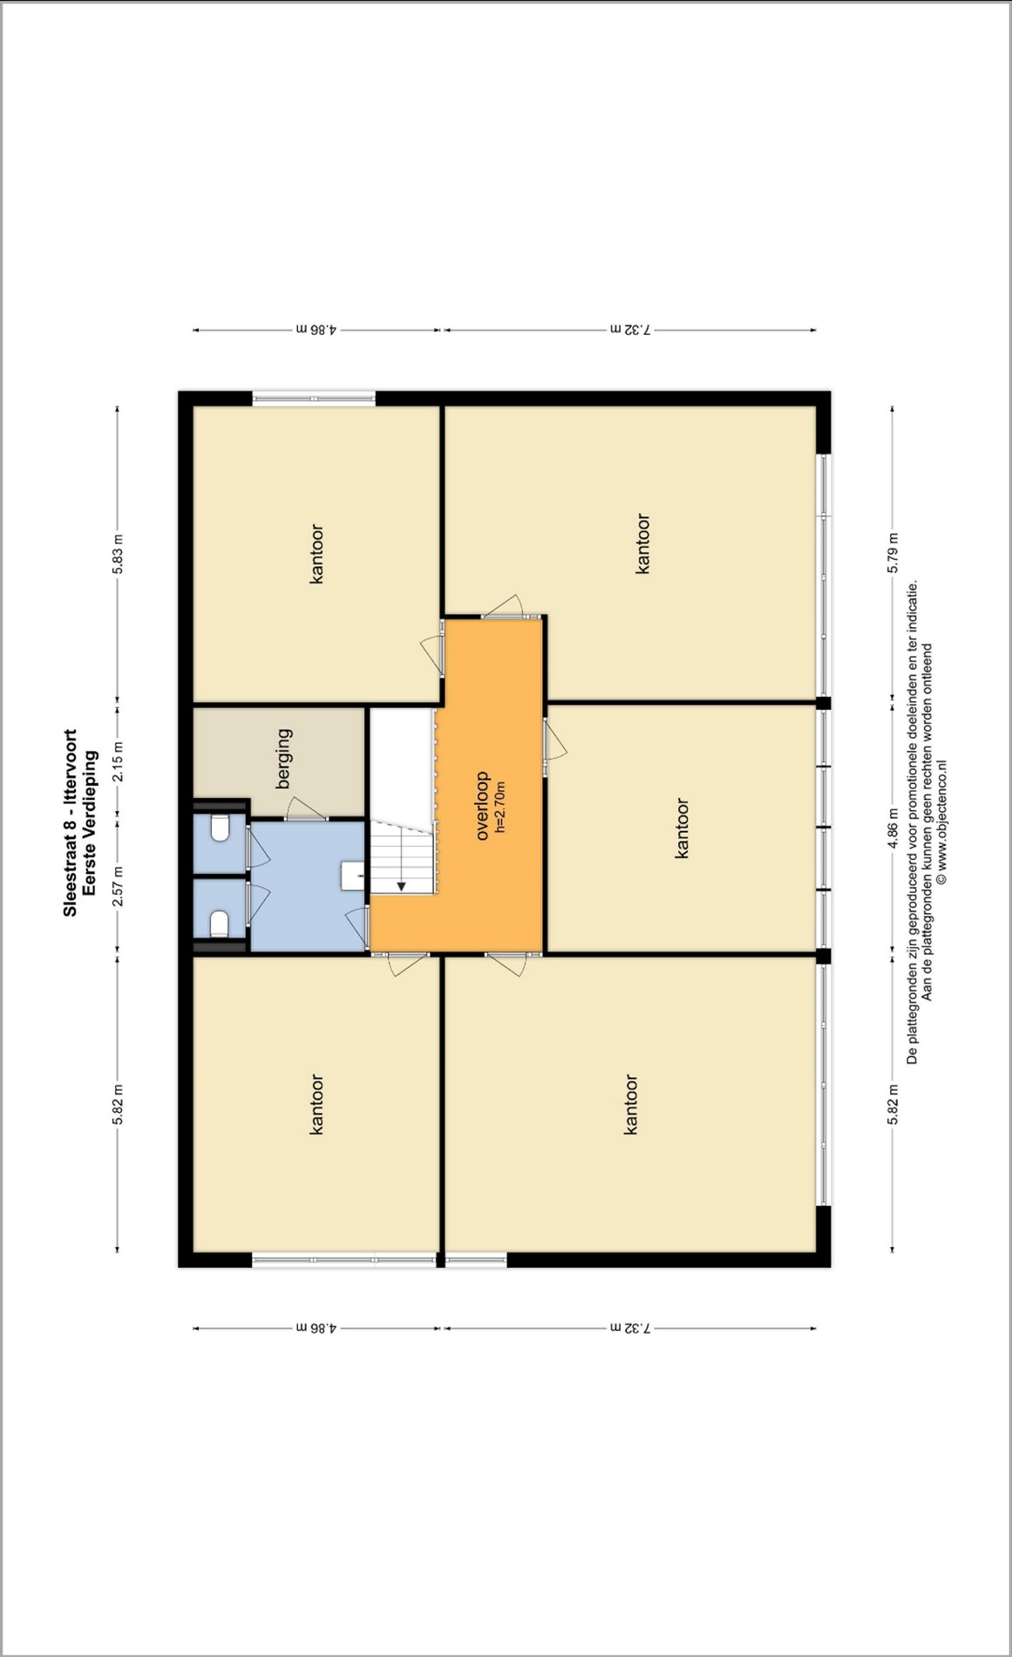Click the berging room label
click(x=284, y=759)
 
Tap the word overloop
click(x=482, y=806)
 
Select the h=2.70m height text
click(x=499, y=807)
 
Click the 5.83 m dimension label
click(x=118, y=554)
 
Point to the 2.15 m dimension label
click(x=118, y=761)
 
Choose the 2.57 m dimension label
click(x=118, y=886)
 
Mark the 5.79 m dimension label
click(x=893, y=553)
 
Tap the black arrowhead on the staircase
click(x=401, y=886)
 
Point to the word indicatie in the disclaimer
click(x=913, y=608)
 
